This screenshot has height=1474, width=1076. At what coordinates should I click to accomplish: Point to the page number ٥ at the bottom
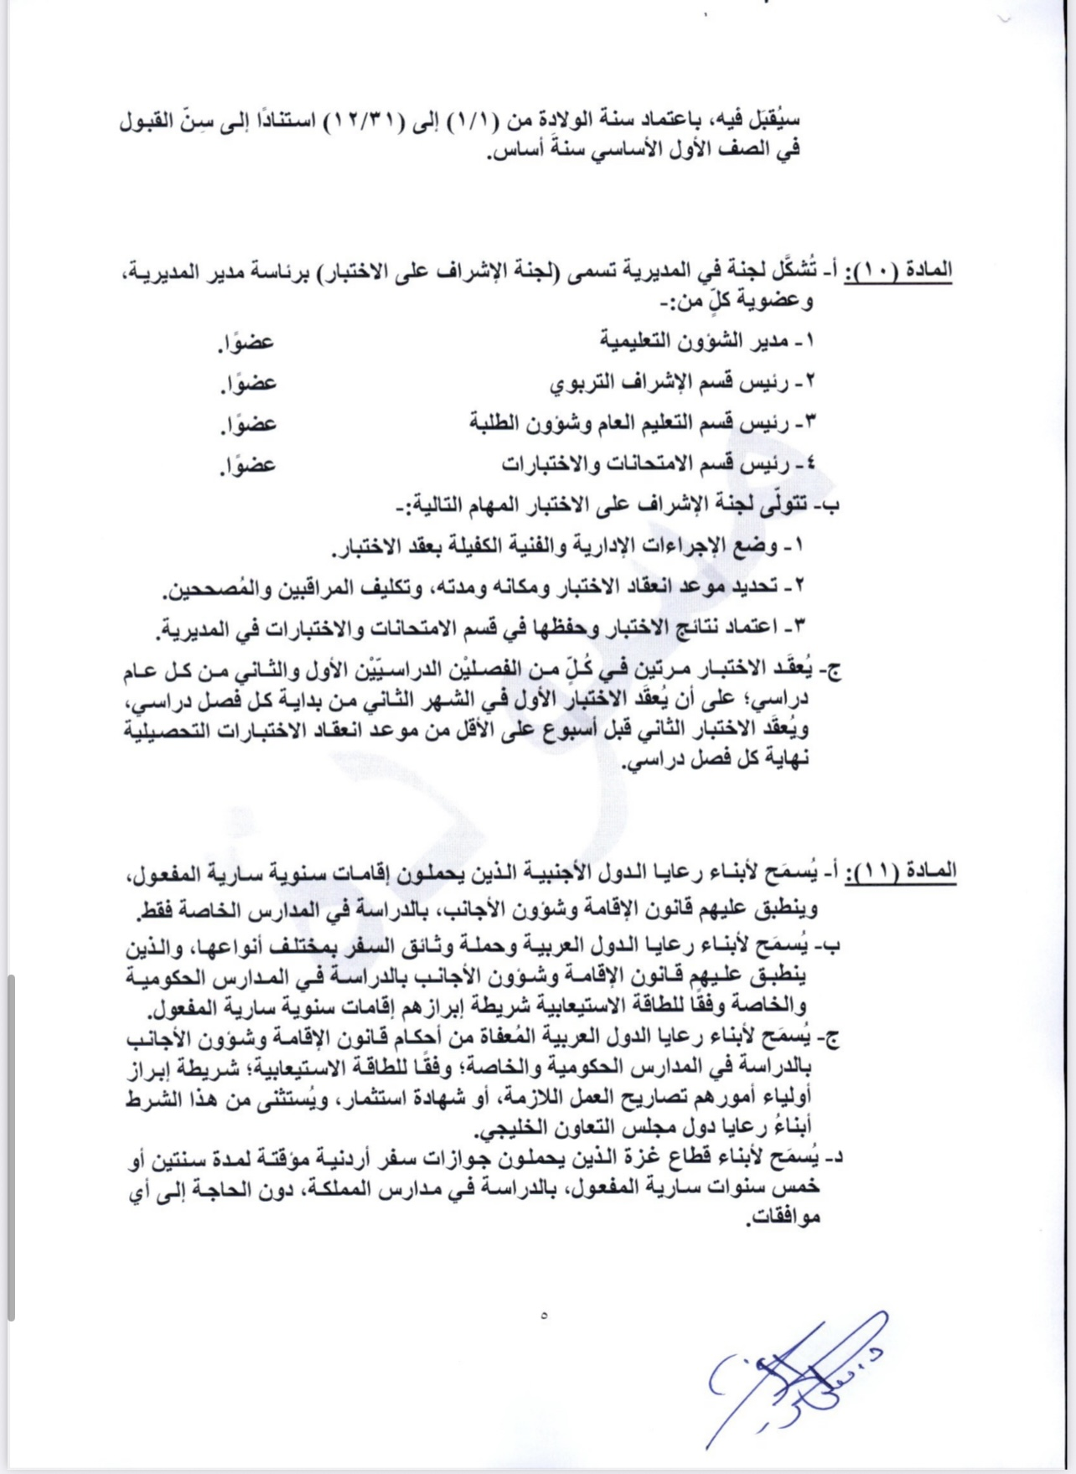coord(544,1315)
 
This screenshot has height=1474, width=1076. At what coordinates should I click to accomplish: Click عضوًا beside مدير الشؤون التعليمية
coord(248,342)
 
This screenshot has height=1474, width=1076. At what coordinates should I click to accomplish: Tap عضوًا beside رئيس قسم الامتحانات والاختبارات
coord(248,464)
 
